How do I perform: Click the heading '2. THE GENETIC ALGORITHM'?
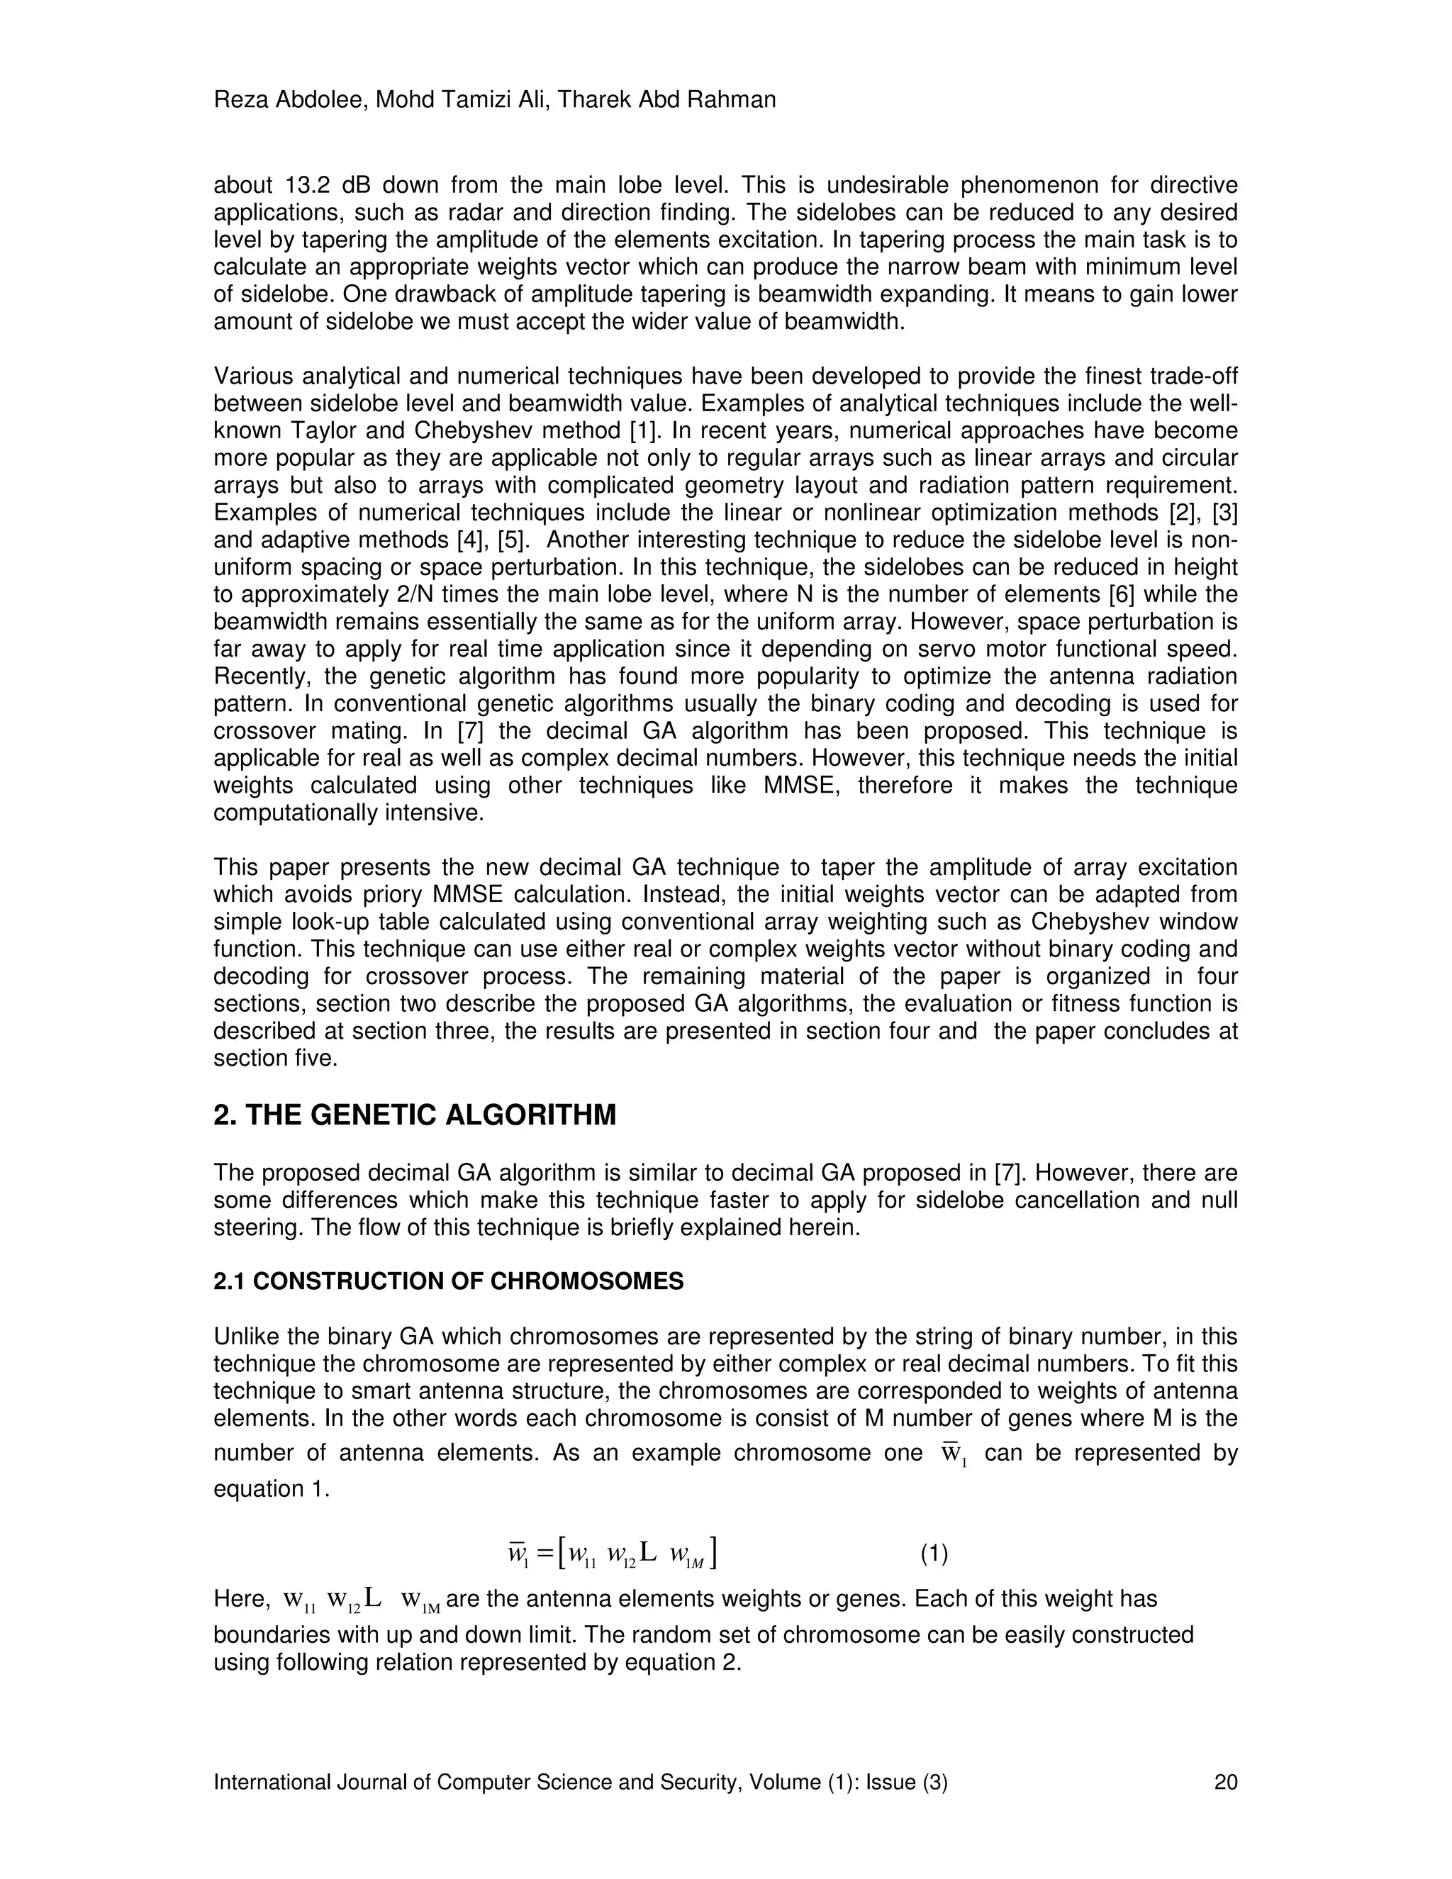(x=415, y=1116)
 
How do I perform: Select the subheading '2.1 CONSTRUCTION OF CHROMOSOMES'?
(x=448, y=1281)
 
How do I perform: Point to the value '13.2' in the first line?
(x=308, y=186)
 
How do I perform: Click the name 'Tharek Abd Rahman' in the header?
(x=666, y=101)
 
